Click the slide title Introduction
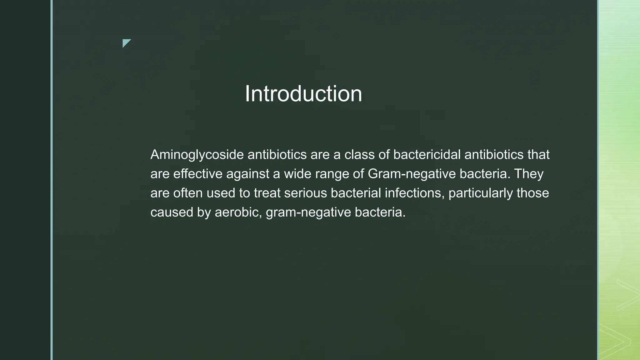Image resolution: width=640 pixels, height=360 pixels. (x=303, y=94)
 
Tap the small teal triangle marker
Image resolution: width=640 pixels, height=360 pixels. (x=126, y=42)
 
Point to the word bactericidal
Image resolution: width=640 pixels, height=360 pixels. (x=427, y=154)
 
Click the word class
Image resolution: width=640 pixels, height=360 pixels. (x=359, y=154)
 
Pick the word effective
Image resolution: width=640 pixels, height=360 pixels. (x=198, y=174)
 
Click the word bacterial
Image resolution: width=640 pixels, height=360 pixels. (x=356, y=193)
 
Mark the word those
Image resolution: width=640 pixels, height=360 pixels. (x=533, y=193)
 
